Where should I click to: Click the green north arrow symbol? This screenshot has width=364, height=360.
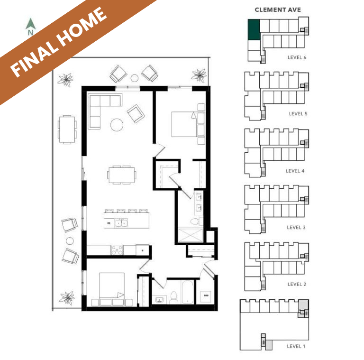tap(31, 24)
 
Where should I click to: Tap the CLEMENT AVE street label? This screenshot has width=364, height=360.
tap(278, 10)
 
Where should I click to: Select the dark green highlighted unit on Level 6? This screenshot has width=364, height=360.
tap(254, 29)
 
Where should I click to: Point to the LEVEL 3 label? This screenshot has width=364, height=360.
tap(296, 227)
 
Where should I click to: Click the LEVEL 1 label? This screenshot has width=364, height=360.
tap(296, 346)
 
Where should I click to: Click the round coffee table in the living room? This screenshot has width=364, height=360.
tap(117, 125)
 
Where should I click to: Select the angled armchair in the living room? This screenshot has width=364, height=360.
tap(136, 113)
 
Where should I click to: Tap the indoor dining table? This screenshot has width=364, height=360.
tap(122, 175)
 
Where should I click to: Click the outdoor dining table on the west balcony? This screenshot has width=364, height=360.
tap(67, 129)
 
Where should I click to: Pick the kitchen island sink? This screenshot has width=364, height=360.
tap(121, 223)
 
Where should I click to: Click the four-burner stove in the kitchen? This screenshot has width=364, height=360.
tap(117, 250)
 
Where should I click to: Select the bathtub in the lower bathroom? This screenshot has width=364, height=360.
tap(187, 292)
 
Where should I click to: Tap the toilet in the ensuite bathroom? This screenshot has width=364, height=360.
tap(196, 222)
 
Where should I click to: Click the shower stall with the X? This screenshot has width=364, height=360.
tap(190, 235)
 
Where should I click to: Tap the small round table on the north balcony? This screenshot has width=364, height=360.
tap(135, 78)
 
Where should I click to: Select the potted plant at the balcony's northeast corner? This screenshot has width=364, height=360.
tap(199, 75)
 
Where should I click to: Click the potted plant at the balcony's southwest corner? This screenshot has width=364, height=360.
tap(67, 298)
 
